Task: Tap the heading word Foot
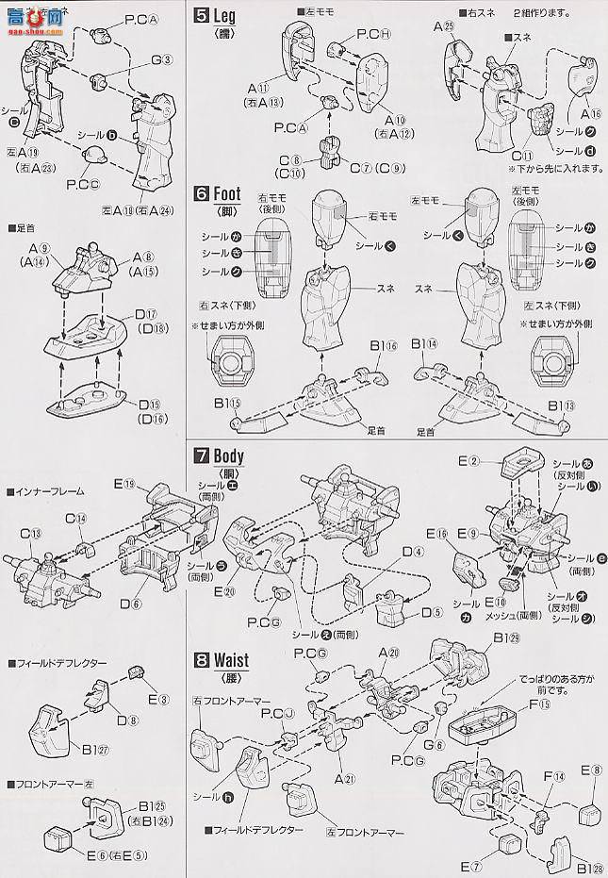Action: coord(227,194)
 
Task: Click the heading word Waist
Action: coord(231,659)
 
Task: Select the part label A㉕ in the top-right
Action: coord(445,27)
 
